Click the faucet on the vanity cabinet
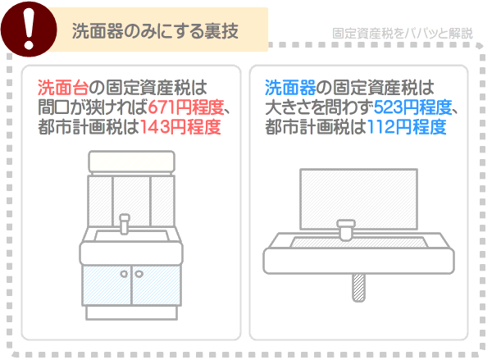click(125, 223)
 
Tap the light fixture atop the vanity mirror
click(131, 161)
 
